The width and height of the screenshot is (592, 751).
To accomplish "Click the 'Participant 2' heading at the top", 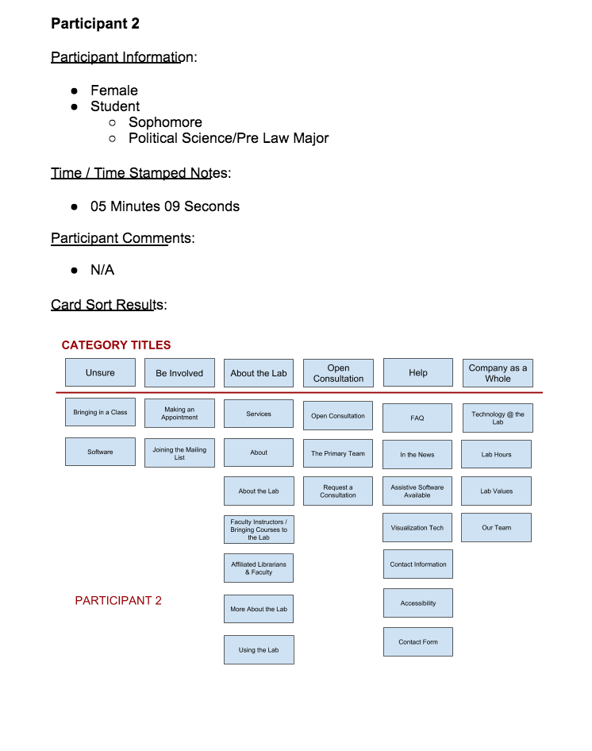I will pyautogui.click(x=95, y=24).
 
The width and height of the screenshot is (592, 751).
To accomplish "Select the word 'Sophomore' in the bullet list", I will pyautogui.click(x=165, y=122).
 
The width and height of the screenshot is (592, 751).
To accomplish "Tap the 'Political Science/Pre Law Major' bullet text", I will pyautogui.click(x=229, y=138).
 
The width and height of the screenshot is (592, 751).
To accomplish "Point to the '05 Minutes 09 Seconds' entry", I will pyautogui.click(x=165, y=206).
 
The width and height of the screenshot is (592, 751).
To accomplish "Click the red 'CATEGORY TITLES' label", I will pyautogui.click(x=116, y=345).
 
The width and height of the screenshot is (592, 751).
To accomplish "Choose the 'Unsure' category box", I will pyautogui.click(x=100, y=373).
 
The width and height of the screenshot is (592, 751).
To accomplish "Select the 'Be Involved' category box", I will pyautogui.click(x=179, y=373).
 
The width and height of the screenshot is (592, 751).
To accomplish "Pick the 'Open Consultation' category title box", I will pyautogui.click(x=338, y=373).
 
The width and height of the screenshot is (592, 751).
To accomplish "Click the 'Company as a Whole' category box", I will pyautogui.click(x=498, y=373).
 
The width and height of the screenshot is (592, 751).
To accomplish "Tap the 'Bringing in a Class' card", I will pyautogui.click(x=100, y=413).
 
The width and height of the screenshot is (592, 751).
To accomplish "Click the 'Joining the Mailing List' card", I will pyautogui.click(x=179, y=453).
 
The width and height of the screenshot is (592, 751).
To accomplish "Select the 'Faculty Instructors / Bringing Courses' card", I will pyautogui.click(x=259, y=530).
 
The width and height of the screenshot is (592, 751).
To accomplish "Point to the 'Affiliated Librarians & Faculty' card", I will pyautogui.click(x=259, y=568).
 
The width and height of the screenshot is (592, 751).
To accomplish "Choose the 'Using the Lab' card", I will pyautogui.click(x=259, y=650).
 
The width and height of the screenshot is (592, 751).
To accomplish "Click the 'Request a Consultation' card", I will pyautogui.click(x=338, y=491).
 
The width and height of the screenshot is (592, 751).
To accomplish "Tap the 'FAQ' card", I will pyautogui.click(x=417, y=418).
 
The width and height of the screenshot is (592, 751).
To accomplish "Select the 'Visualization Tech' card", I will pyautogui.click(x=417, y=528).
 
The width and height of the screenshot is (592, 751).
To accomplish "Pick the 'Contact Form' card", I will pyautogui.click(x=418, y=642).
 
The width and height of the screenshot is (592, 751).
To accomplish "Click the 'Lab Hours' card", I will pyautogui.click(x=497, y=455).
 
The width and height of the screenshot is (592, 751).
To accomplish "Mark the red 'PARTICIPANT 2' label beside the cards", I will pyautogui.click(x=118, y=601).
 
